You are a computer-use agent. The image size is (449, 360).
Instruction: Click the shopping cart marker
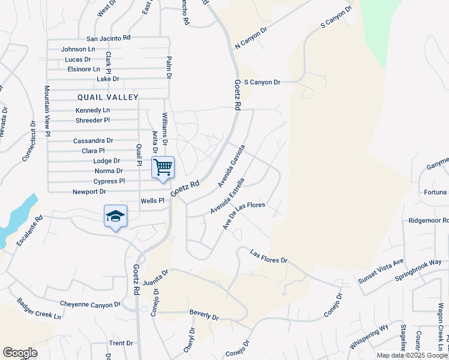pyautogui.click(x=163, y=167)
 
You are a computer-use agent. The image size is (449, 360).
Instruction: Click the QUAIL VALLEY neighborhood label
pyautogui.click(x=108, y=97)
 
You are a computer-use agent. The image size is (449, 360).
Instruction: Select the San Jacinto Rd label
pyautogui.click(x=108, y=38)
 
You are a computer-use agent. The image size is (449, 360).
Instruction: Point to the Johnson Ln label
pyautogui.click(x=78, y=49)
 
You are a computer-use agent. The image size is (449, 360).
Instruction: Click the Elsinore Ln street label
pyautogui.click(x=83, y=69)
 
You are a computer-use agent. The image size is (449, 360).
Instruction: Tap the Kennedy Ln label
pyautogui.click(x=92, y=110)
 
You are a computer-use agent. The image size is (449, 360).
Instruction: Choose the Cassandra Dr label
pyautogui.click(x=93, y=141)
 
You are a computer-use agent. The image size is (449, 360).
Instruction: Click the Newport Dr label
pyautogui.click(x=89, y=192)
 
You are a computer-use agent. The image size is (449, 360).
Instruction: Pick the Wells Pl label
pyautogui.click(x=152, y=201)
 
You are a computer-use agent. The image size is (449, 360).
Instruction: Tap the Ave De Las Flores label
pyautogui.click(x=244, y=214)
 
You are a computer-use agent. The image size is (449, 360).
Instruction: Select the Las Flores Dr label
pyautogui.click(x=269, y=256)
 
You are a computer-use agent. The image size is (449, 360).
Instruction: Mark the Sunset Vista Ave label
pyautogui.click(x=381, y=271)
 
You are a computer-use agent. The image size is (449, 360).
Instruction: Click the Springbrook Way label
pyautogui.click(x=418, y=272)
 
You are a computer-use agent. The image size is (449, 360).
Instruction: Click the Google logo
pyautogui.click(x=20, y=353)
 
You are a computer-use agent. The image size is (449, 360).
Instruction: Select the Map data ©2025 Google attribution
pyautogui.click(x=412, y=355)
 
